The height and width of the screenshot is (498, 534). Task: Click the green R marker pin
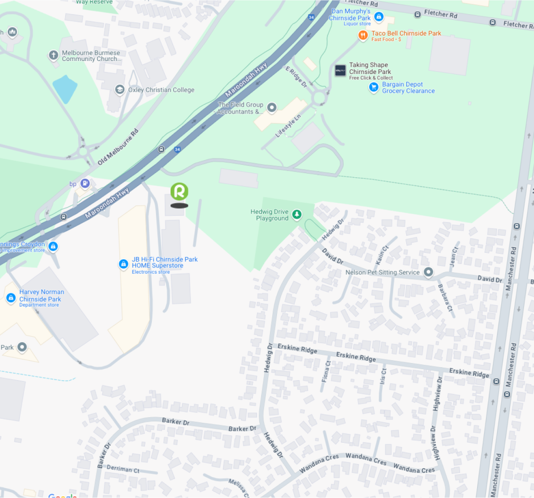(179, 192)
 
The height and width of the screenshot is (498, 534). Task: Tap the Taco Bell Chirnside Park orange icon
(362, 35)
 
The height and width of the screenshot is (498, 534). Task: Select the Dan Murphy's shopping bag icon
(379, 18)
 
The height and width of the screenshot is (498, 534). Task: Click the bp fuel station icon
(85, 184)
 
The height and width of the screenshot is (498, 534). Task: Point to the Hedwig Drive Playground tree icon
(297, 214)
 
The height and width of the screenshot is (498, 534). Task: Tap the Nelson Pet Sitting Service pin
(428, 272)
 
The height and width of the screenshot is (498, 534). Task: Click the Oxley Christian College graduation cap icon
(120, 90)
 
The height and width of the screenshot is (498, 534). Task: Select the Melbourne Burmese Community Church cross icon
(53, 55)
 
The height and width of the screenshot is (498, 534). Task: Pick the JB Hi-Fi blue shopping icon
(124, 265)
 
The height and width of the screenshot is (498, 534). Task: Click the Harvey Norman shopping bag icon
(10, 298)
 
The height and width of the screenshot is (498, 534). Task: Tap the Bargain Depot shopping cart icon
(373, 87)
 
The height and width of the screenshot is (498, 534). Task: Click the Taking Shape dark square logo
(340, 71)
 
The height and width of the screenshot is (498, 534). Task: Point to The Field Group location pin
(272, 108)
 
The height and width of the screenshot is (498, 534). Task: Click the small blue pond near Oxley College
(65, 89)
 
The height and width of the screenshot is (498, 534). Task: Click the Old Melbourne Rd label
(118, 147)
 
